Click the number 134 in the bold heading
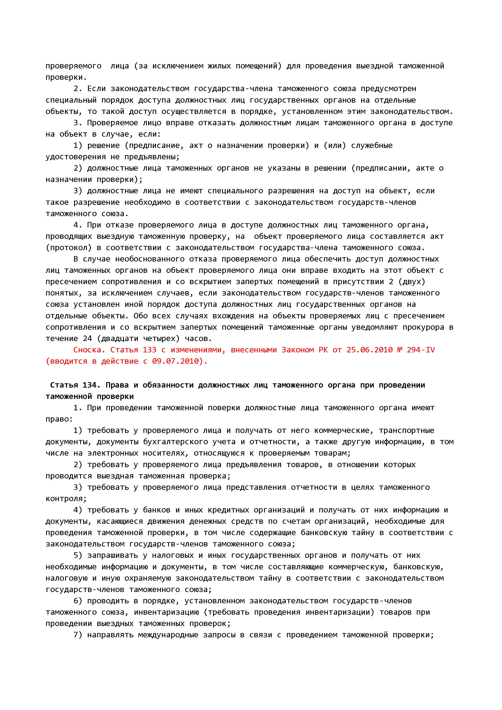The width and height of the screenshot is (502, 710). (89, 385)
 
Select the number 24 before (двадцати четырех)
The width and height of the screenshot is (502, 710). (87, 339)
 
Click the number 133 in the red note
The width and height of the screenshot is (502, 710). (150, 350)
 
